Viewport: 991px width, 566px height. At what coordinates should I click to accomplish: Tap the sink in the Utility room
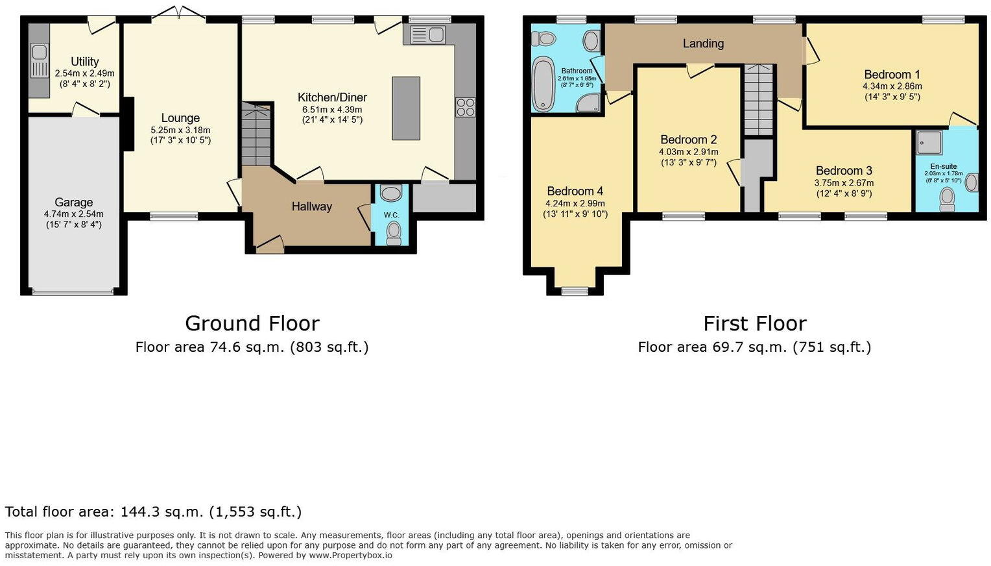coord(39,59)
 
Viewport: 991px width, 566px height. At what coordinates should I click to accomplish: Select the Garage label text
coord(73,203)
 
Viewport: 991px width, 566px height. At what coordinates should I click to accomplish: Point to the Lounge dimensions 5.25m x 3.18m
coord(180,130)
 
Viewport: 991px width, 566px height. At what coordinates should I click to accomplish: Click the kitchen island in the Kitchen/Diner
coord(406,108)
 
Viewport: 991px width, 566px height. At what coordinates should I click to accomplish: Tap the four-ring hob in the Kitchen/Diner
coord(465,107)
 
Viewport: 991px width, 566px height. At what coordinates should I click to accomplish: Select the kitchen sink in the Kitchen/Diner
coord(427,34)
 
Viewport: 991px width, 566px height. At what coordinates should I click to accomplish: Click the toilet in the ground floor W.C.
coord(393,232)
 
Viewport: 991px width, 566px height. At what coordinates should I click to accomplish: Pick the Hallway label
coord(311,206)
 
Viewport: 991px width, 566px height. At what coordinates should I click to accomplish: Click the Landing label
coord(703,43)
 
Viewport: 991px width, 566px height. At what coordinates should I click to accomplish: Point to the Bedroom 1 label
coord(892,75)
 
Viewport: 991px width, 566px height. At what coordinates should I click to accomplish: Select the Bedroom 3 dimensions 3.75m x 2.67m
coord(843,183)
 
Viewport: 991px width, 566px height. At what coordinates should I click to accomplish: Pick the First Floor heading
coord(754,323)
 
